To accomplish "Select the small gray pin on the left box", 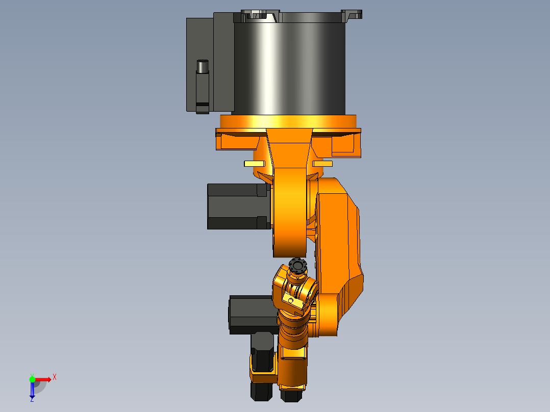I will tap(203, 66).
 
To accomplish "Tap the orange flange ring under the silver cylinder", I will tap(288, 121).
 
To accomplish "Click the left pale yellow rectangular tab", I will tap(254, 164).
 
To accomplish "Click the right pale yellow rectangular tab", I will tap(322, 164).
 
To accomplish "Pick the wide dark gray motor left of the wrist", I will tap(253, 314).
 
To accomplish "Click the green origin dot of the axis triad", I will tap(32, 379).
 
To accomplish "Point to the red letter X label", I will tap(55, 377).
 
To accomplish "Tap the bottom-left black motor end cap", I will tap(260, 391).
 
